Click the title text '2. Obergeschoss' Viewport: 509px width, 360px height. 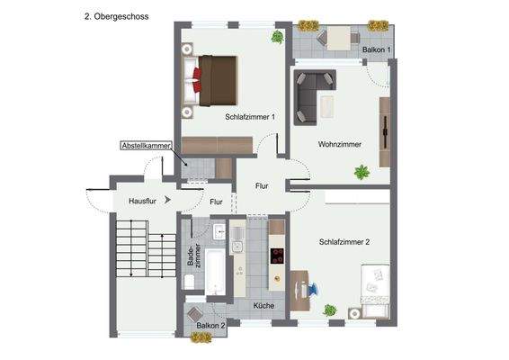click(116, 16)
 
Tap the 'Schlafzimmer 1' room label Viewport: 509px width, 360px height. click(250, 116)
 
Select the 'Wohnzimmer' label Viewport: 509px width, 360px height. click(340, 144)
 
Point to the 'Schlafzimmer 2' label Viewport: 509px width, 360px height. click(344, 241)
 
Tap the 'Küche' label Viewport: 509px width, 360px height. click(263, 306)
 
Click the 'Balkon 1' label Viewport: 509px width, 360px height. click(377, 49)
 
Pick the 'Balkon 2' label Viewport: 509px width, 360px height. click(210, 325)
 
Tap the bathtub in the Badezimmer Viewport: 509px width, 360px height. click(215, 272)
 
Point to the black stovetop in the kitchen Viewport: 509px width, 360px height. click(276, 256)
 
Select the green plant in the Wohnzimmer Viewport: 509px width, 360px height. click(362, 171)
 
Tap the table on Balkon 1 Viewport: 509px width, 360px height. click(340, 39)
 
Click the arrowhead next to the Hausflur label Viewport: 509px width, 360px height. click(168, 202)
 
